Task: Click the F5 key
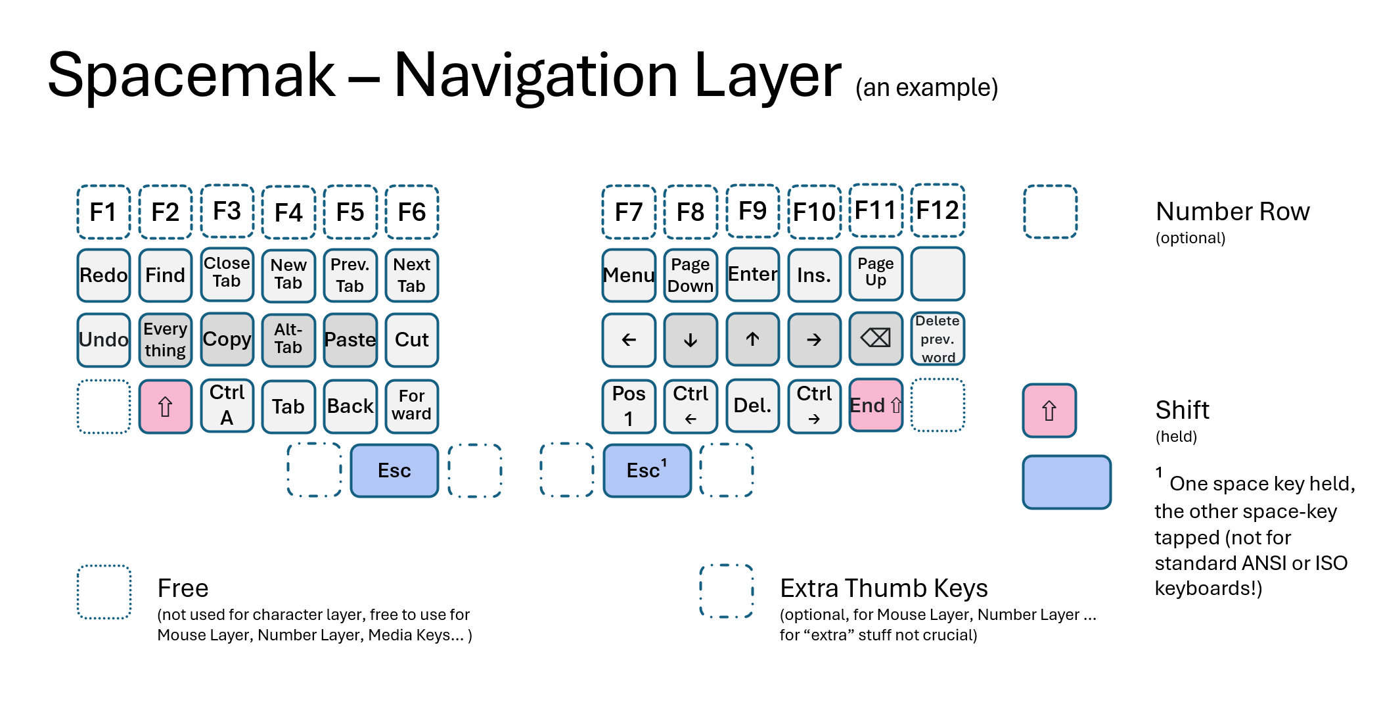click(x=350, y=212)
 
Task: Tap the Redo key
click(x=103, y=275)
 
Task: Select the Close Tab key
click(x=227, y=273)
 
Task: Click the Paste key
click(x=350, y=340)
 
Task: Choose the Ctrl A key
click(x=227, y=406)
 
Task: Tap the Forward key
click(x=411, y=406)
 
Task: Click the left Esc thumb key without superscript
click(x=394, y=471)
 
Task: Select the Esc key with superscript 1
click(x=646, y=471)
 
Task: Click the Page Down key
click(x=690, y=275)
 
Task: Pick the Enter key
click(x=752, y=274)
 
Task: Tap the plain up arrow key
click(x=752, y=339)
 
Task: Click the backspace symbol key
click(x=875, y=339)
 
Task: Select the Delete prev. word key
click(x=938, y=339)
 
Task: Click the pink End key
click(x=875, y=405)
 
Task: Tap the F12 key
click(x=938, y=210)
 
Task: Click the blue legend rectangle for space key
click(x=1066, y=482)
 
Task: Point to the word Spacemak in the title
click(x=191, y=76)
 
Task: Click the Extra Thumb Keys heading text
click(x=883, y=588)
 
